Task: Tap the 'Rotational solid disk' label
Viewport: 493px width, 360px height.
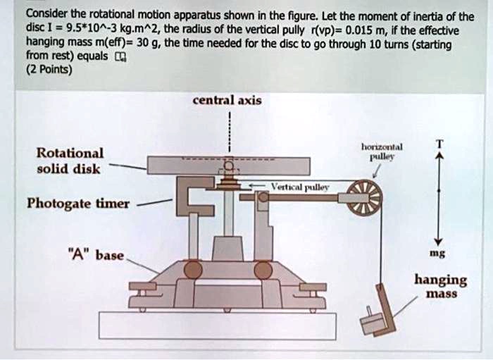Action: pos(69,161)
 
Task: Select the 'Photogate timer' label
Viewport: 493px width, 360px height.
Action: pos(77,204)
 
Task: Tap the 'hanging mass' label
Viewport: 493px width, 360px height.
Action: pos(440,286)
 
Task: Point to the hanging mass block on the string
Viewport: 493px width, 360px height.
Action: pos(374,320)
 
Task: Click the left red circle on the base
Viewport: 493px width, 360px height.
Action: pos(193,270)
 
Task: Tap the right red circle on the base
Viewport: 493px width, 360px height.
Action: pos(263,270)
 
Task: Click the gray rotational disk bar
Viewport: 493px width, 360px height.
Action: pos(228,165)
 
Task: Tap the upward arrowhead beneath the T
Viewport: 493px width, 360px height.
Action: pos(438,160)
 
